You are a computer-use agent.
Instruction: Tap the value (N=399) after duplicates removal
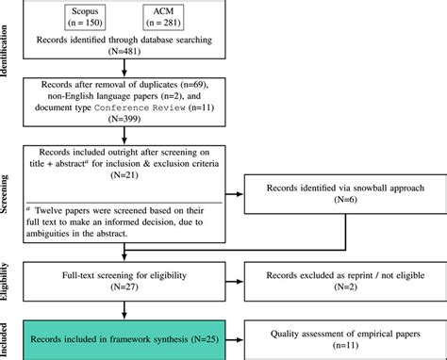(x=122, y=120)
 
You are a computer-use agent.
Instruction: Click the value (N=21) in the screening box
(x=122, y=174)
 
